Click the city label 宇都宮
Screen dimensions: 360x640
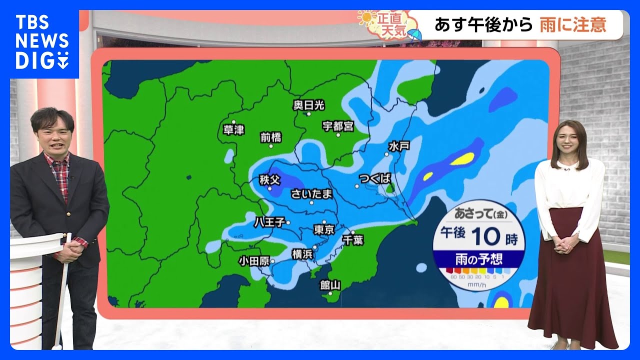point(338,126)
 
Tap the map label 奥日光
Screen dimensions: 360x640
point(308,105)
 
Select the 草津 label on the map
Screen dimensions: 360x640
point(233,130)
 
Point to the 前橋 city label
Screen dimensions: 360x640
point(271,137)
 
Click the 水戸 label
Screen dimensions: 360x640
point(398,146)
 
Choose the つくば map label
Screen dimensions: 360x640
point(374,178)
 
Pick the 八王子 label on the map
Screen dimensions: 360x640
point(269,221)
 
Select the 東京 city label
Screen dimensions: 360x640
point(323,229)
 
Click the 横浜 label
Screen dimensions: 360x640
point(302,254)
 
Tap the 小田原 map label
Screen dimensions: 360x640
point(254,260)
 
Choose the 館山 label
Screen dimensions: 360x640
point(330,285)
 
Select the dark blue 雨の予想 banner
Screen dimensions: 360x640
point(478,259)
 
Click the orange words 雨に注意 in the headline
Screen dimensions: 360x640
point(572,24)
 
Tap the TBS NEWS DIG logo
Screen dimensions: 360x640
point(42,42)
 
